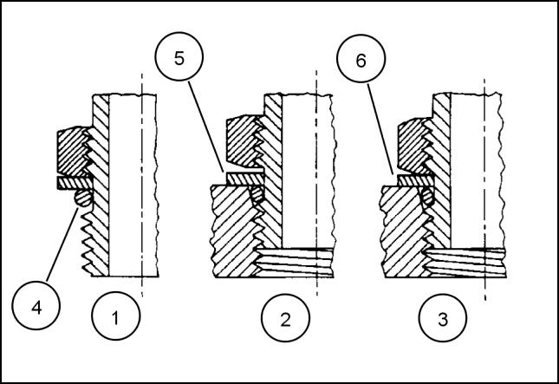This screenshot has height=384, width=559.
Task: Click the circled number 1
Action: click(114, 318)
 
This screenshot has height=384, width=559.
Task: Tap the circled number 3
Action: click(443, 318)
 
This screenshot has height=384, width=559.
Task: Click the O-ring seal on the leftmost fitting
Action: click(83, 199)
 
